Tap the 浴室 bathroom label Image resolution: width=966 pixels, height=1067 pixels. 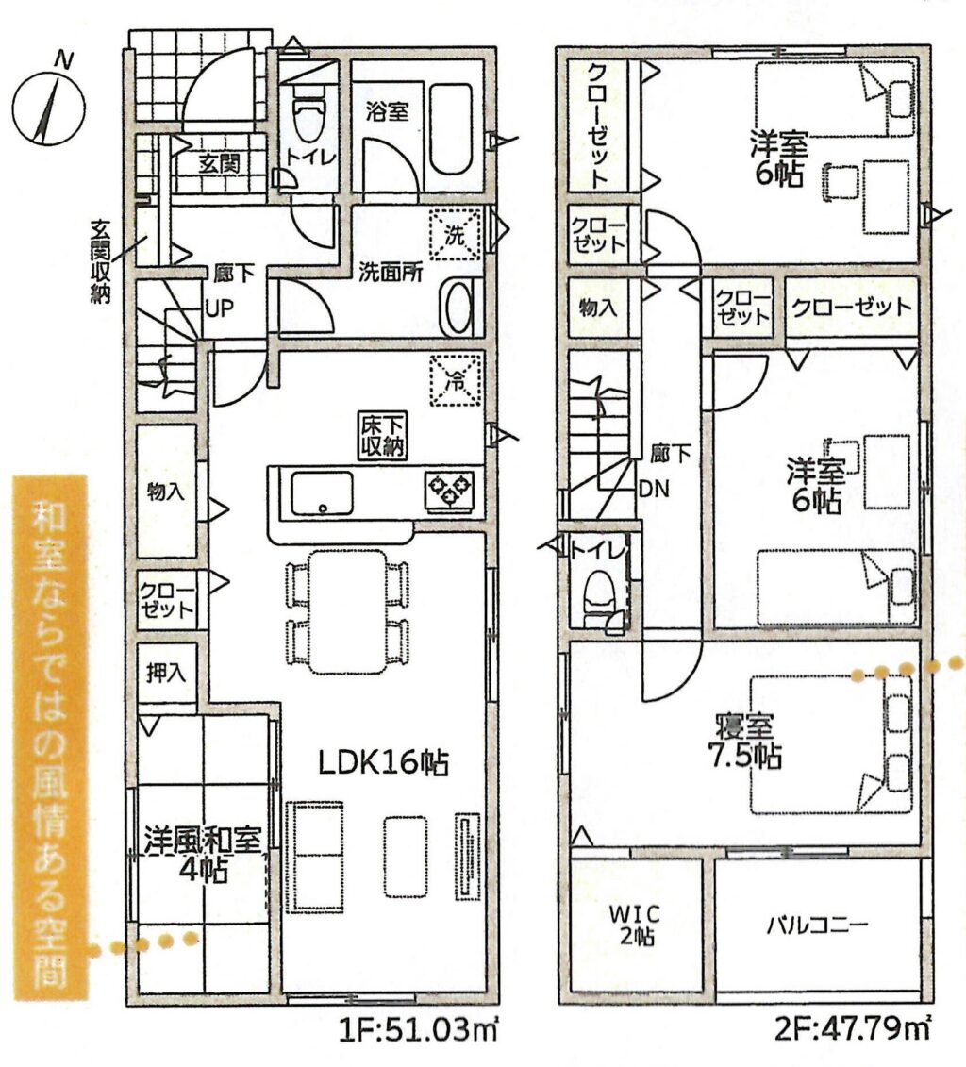(388, 111)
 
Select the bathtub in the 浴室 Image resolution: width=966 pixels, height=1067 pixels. (451, 129)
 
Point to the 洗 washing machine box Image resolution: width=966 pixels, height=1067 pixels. (455, 235)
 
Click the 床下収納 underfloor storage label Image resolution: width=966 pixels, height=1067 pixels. (384, 436)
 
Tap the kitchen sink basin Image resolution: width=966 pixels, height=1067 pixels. (322, 493)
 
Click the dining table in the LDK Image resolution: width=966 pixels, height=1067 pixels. (347, 611)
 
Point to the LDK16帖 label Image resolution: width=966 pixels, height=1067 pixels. (384, 763)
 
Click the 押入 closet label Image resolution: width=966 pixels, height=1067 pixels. (166, 673)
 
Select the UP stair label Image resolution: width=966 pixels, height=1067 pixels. (219, 308)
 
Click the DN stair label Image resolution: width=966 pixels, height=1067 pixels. (654, 489)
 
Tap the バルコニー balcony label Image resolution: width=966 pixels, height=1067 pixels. (818, 925)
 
